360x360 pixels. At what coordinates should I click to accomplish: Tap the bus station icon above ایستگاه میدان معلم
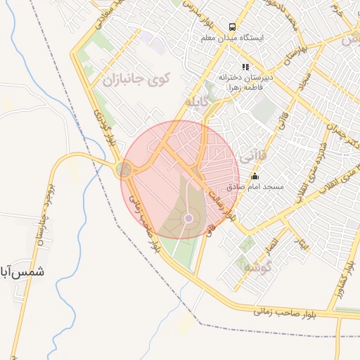(x=231, y=28)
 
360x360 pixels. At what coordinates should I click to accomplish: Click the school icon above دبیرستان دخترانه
(x=245, y=67)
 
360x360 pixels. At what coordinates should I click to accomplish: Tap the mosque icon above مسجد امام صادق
(x=255, y=176)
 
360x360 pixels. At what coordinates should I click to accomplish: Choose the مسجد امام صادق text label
(x=255, y=188)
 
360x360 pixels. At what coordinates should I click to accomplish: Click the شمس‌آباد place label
(x=20, y=271)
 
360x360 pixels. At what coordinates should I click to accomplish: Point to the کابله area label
(x=198, y=103)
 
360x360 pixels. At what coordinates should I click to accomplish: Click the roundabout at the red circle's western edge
(x=124, y=169)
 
